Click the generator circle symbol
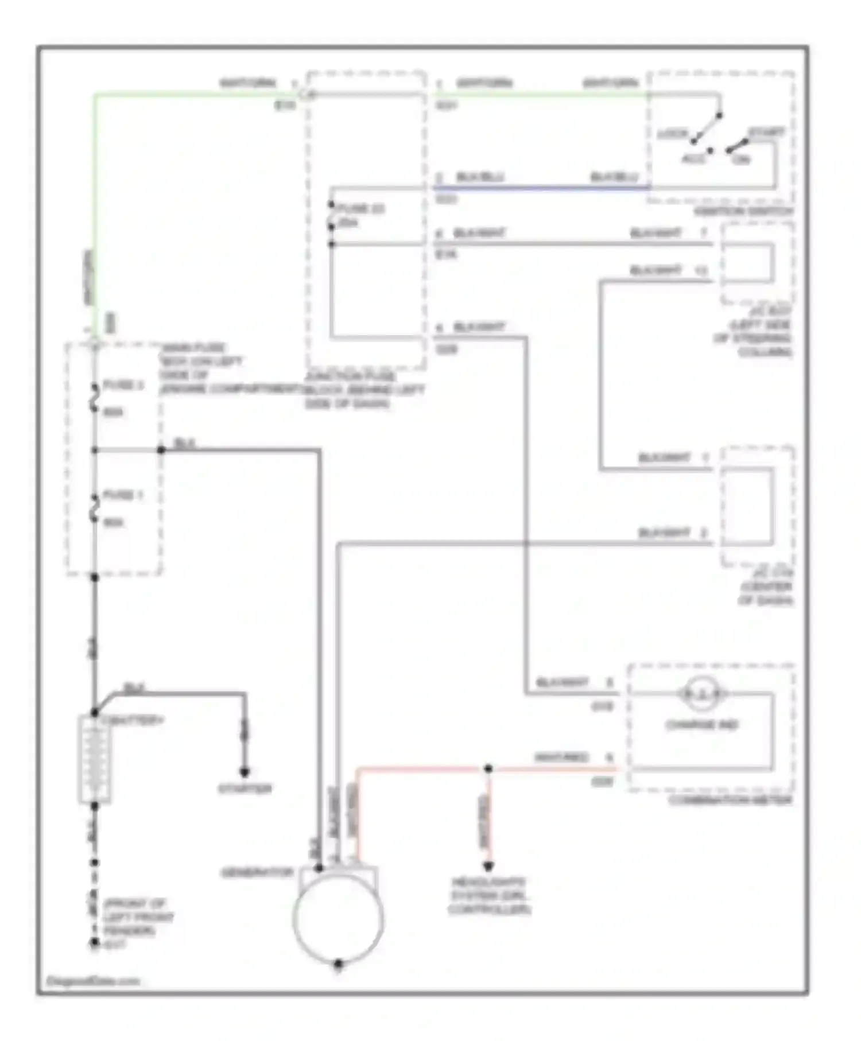coord(338,917)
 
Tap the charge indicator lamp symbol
coord(701,694)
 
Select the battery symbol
coord(94,759)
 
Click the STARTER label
coord(245,789)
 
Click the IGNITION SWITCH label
coord(743,211)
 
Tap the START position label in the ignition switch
coord(765,132)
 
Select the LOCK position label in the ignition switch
coord(673,134)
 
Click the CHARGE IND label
coord(701,725)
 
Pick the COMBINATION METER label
coord(730,800)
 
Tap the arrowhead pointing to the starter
coord(245,772)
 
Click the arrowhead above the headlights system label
coord(488,866)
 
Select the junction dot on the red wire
coord(488,768)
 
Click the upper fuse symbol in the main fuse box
coord(94,398)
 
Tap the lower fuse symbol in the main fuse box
coord(94,508)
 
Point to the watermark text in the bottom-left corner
coord(93,981)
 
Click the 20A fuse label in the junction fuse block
coord(348,223)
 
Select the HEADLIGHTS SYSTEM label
coord(488,896)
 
